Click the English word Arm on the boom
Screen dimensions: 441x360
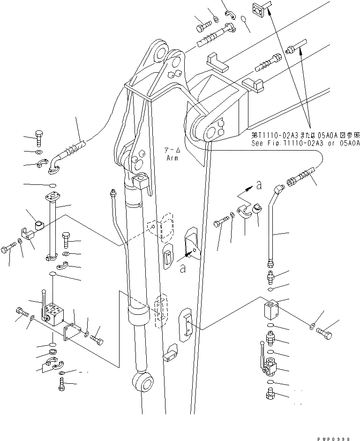(x=173, y=158)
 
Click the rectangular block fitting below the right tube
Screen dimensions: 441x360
(x=271, y=310)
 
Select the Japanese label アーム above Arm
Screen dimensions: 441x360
(x=172, y=151)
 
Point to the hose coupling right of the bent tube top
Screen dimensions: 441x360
(x=299, y=180)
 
